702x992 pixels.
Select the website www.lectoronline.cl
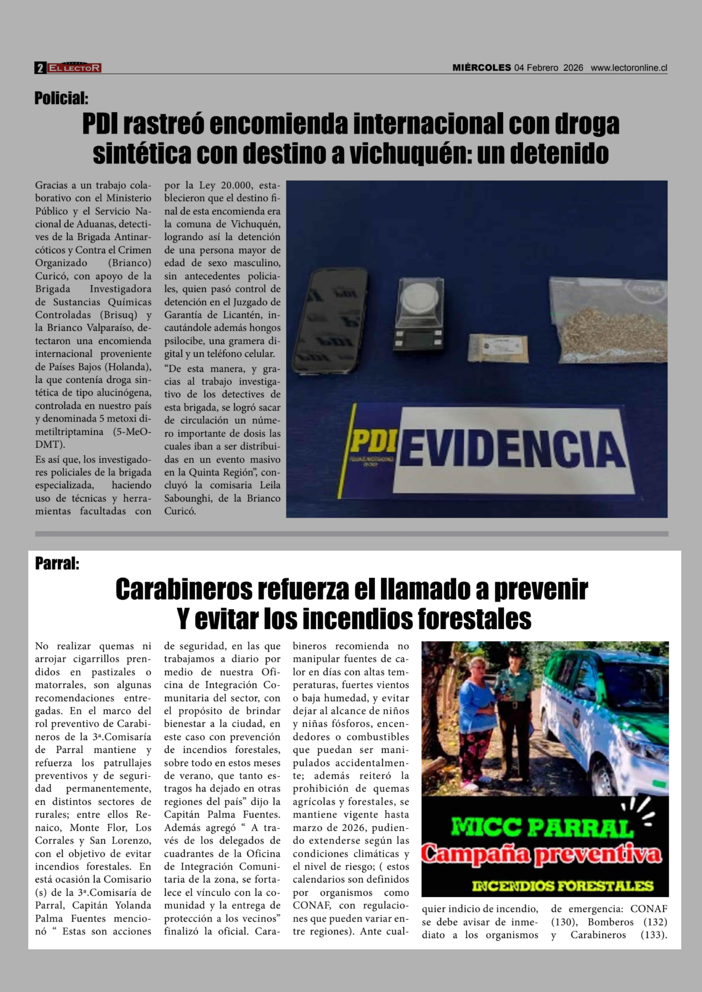(x=629, y=68)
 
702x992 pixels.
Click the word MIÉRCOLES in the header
(x=482, y=68)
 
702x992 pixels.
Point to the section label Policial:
(x=61, y=99)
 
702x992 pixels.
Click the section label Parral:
(x=57, y=563)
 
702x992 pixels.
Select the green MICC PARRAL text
(x=542, y=827)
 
